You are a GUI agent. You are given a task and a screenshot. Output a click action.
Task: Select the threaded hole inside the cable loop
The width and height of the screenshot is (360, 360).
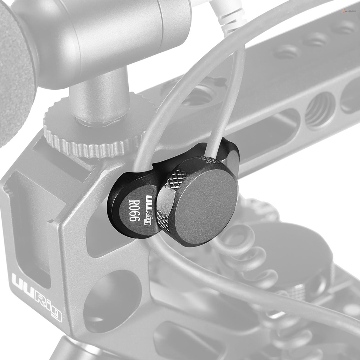coord(200,95)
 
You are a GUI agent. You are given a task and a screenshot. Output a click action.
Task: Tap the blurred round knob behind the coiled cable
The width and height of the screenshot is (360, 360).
coord(299,253)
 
